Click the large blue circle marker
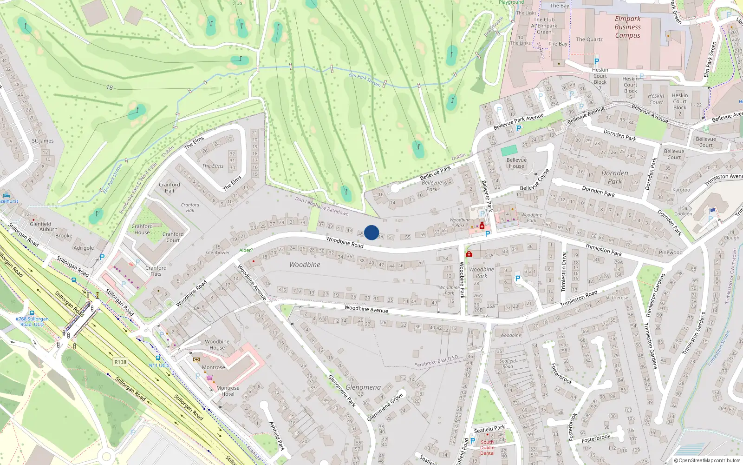[371, 232]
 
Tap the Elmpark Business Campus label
[627, 27]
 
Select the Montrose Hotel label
[228, 391]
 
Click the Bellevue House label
[516, 163]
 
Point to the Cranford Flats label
[156, 271]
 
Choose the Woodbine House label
[217, 345]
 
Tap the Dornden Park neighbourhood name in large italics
[614, 177]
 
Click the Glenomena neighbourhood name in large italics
[363, 387]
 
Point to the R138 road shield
[120, 362]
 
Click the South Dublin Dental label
[487, 447]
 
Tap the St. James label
[43, 141]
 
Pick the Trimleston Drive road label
[564, 272]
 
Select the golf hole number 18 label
[110, 87]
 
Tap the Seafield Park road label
[489, 429]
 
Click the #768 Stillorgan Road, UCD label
[32, 321]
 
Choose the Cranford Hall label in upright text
[169, 187]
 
